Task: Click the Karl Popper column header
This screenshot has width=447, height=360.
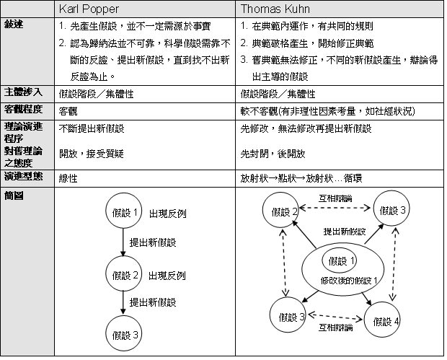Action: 87,10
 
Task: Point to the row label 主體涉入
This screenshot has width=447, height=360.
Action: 22,92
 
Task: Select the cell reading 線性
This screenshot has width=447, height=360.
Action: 69,178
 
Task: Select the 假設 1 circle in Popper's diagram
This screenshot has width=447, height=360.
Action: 125,214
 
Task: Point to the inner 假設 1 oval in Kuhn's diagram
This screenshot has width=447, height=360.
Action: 341,260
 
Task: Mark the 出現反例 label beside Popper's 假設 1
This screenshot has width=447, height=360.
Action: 167,215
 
